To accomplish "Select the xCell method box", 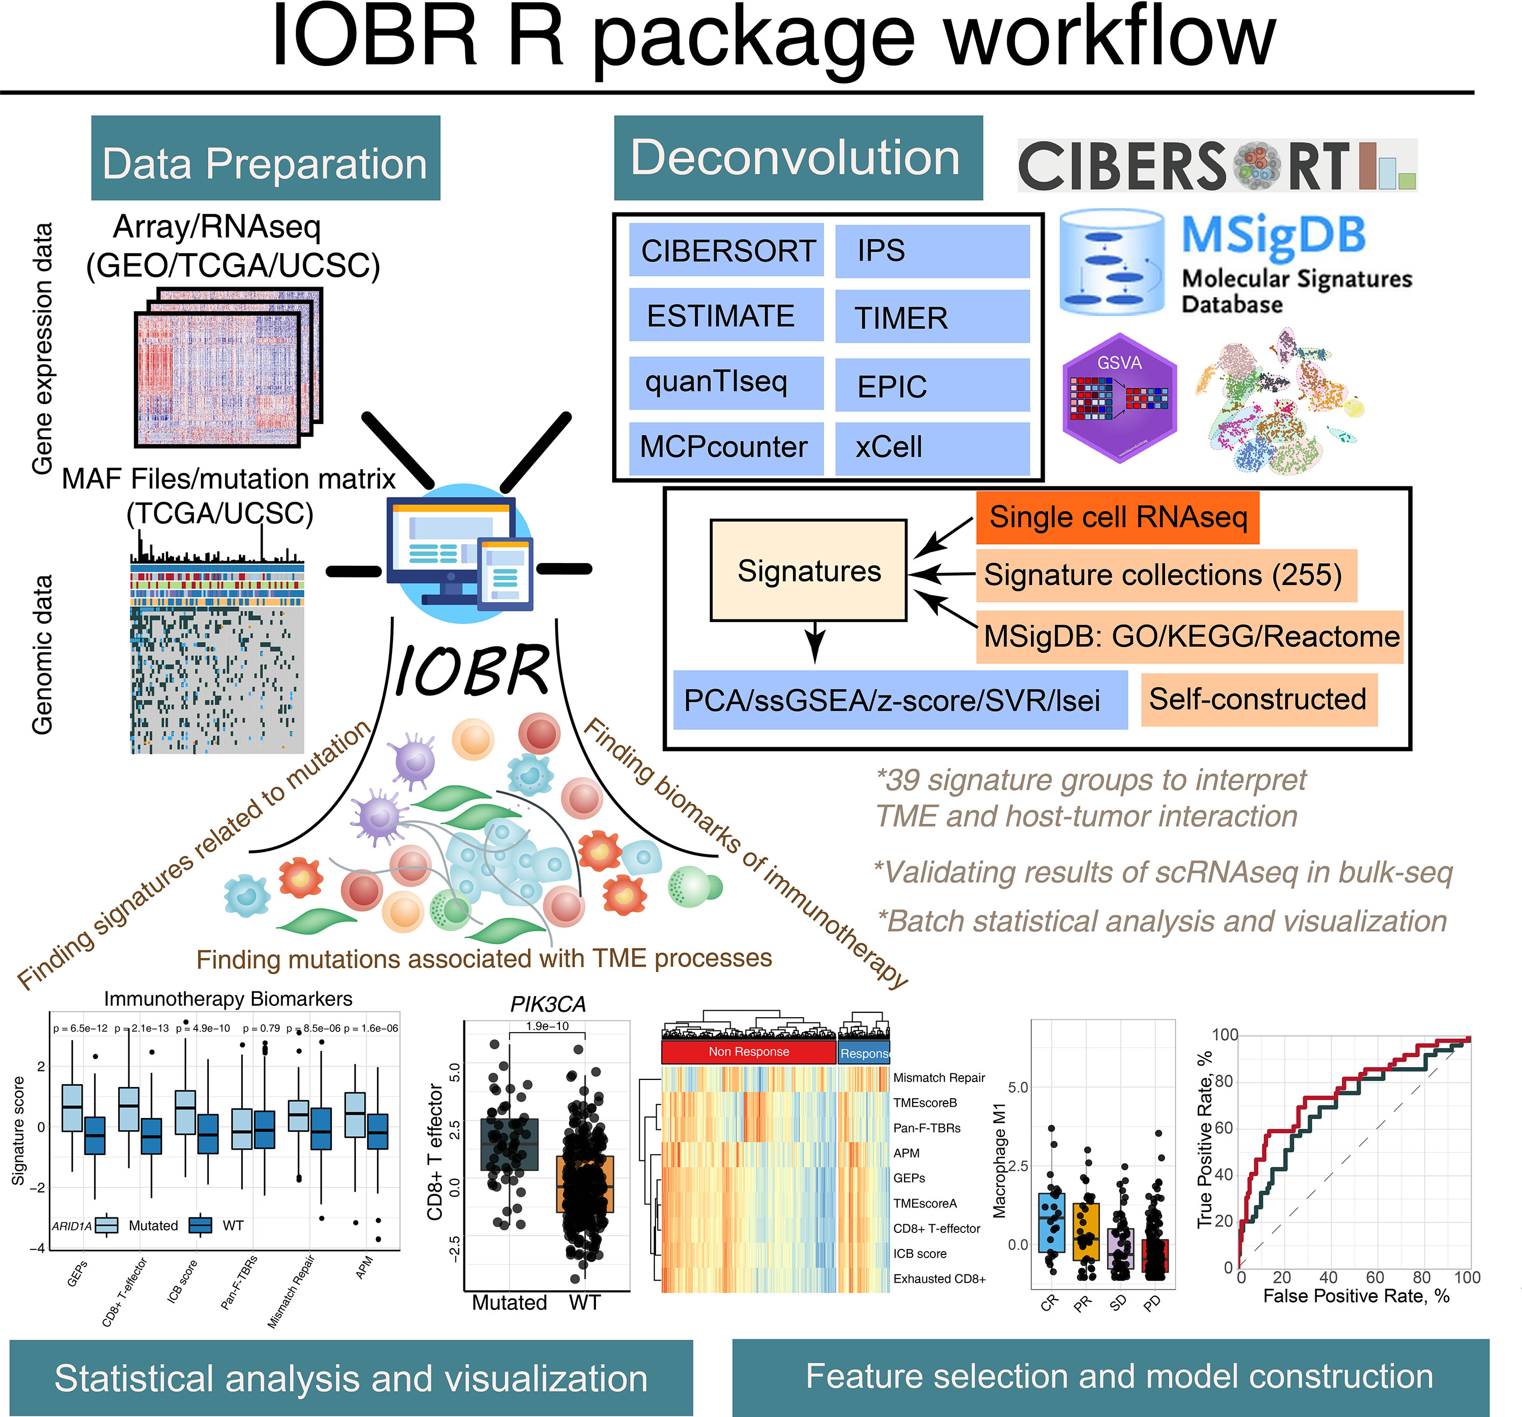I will tap(932, 447).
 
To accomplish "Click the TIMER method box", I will tap(932, 317).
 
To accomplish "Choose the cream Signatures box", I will tap(809, 571).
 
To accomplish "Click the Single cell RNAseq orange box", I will tap(1117, 517).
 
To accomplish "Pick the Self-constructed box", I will tap(1258, 699).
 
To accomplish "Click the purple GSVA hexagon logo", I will tap(1119, 398).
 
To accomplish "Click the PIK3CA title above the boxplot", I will tap(548, 1004).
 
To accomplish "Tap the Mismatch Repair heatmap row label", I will tap(938, 1078).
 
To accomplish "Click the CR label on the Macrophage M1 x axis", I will tap(1049, 1302).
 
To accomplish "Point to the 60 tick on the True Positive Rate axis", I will tap(1224, 1128).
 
